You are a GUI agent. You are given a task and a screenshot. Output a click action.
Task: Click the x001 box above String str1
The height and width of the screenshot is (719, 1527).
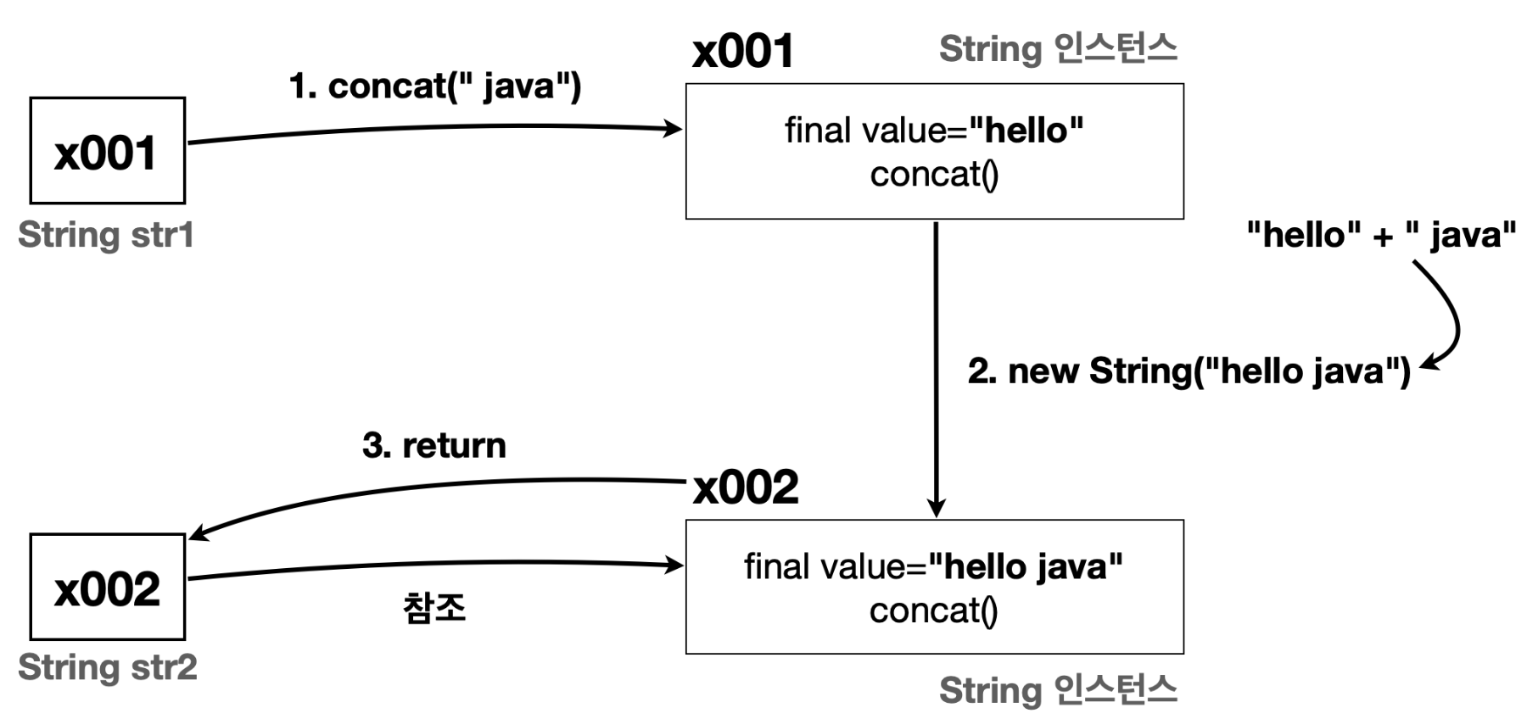click(108, 151)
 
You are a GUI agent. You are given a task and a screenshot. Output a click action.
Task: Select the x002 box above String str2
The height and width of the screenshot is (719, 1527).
click(108, 587)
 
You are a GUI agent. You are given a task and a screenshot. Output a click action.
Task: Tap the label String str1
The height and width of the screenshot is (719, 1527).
click(106, 235)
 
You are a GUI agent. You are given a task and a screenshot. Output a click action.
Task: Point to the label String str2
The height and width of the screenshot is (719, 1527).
click(108, 667)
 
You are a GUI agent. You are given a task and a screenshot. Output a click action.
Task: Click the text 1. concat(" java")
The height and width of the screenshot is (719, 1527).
click(435, 86)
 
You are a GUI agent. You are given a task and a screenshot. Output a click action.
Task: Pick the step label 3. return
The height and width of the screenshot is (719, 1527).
click(434, 445)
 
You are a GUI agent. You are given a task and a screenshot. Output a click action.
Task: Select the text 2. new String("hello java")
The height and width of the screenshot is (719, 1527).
click(1189, 371)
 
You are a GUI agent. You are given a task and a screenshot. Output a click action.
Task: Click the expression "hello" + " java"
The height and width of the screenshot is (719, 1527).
click(1381, 235)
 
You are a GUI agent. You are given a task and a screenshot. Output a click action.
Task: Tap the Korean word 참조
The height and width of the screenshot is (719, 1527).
click(434, 607)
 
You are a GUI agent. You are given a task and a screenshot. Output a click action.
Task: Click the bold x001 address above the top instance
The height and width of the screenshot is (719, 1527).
click(743, 51)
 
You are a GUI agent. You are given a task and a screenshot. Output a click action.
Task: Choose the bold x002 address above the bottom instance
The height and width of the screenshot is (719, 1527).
click(746, 488)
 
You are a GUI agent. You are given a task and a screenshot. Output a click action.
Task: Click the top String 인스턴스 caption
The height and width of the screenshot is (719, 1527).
click(1058, 48)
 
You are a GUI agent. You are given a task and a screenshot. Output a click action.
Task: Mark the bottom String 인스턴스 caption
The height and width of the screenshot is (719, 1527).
click(1058, 689)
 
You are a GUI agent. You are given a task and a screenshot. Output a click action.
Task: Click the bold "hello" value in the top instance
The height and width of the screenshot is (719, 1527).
click(1026, 131)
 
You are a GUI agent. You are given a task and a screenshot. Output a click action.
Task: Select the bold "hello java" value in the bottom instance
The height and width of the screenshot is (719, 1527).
click(1026, 566)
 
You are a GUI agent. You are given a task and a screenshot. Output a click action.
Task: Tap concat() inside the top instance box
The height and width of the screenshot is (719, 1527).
click(934, 175)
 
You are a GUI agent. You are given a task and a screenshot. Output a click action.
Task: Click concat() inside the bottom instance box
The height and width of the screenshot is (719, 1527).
click(934, 610)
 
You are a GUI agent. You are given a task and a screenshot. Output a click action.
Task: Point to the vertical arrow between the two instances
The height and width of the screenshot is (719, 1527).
click(936, 370)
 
